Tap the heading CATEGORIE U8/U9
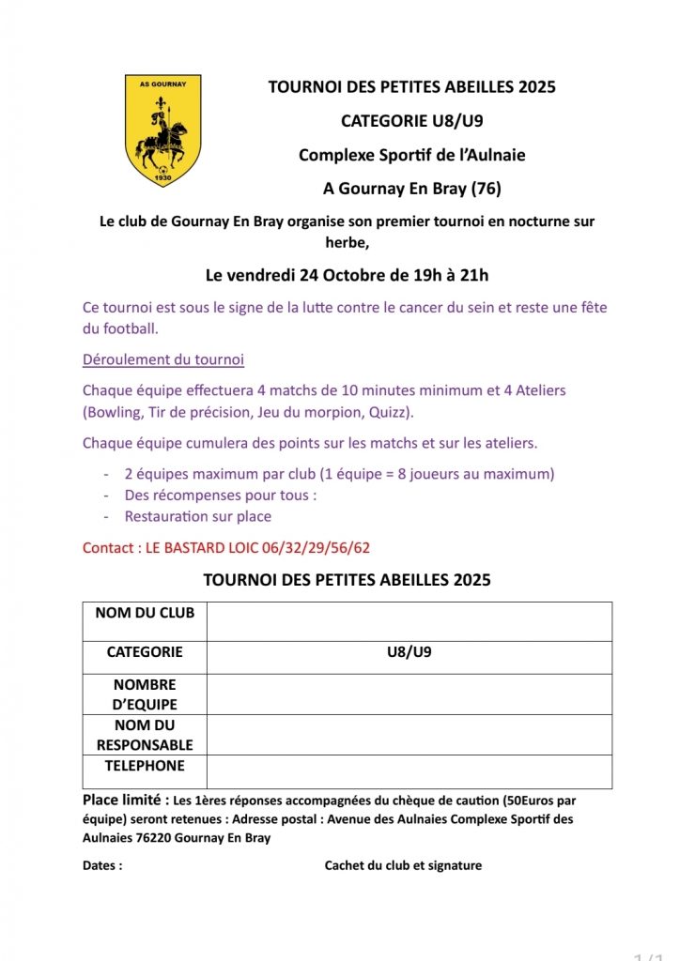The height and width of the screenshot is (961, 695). [x=411, y=121]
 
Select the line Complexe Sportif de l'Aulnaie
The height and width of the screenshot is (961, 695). [x=411, y=155]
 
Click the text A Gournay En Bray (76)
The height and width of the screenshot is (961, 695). [x=411, y=189]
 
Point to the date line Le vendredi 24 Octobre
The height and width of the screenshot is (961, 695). [x=347, y=275]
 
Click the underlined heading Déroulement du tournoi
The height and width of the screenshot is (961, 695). [x=163, y=359]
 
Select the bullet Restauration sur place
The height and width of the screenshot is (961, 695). [x=197, y=516]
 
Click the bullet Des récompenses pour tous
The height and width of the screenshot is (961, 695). [x=220, y=495]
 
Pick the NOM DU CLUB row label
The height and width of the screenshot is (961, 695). [x=145, y=613]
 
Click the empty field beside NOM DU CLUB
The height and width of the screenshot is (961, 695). [x=409, y=621]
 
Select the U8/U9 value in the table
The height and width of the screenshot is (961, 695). [x=409, y=652]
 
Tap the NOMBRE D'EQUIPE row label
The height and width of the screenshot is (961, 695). [x=145, y=694]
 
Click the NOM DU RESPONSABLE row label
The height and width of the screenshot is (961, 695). [x=145, y=735]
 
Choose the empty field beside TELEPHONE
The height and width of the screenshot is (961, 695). [x=409, y=771]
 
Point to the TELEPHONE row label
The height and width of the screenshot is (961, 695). [x=145, y=766]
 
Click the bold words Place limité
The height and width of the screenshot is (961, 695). [x=126, y=801]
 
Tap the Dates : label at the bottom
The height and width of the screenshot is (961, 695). [x=102, y=865]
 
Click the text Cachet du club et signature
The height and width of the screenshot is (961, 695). [x=403, y=865]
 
